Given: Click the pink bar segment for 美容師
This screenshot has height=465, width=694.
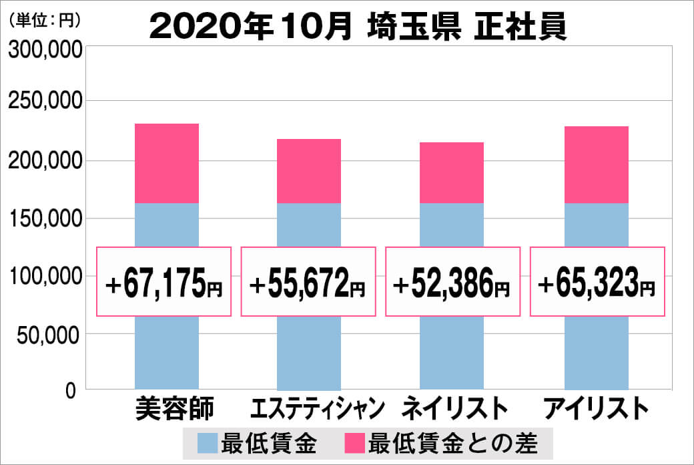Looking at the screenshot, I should pyautogui.click(x=167, y=163).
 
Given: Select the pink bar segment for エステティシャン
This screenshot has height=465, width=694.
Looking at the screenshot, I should pyautogui.click(x=309, y=170).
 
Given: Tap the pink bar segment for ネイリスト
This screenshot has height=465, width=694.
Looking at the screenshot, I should pyautogui.click(x=452, y=172).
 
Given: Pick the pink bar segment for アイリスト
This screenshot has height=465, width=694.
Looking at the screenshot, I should pyautogui.click(x=596, y=164).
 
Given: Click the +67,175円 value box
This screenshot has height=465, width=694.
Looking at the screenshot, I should pyautogui.click(x=164, y=281).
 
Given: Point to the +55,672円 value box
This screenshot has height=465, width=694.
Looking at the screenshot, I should pyautogui.click(x=308, y=281).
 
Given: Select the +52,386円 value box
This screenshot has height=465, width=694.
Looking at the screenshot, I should pyautogui.click(x=452, y=281).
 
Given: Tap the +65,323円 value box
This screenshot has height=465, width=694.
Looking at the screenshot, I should pyautogui.click(x=597, y=281).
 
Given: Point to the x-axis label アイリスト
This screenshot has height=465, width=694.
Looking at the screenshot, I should pyautogui.click(x=596, y=408).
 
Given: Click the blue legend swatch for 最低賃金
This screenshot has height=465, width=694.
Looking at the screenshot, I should pyautogui.click(x=208, y=442).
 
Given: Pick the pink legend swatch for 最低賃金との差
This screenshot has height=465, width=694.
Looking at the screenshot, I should pyautogui.click(x=354, y=442).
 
